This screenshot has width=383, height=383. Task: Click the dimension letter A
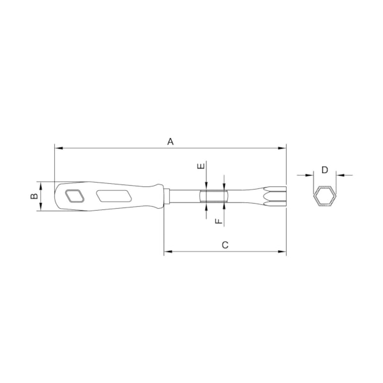170,142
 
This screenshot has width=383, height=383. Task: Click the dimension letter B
34,197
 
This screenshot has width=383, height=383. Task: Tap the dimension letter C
225,245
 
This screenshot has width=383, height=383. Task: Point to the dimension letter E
201,167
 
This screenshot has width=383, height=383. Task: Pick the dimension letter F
218,221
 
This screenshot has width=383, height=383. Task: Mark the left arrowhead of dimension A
58,149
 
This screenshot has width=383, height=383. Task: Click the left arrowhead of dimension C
167,252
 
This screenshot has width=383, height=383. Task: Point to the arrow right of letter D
340,174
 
